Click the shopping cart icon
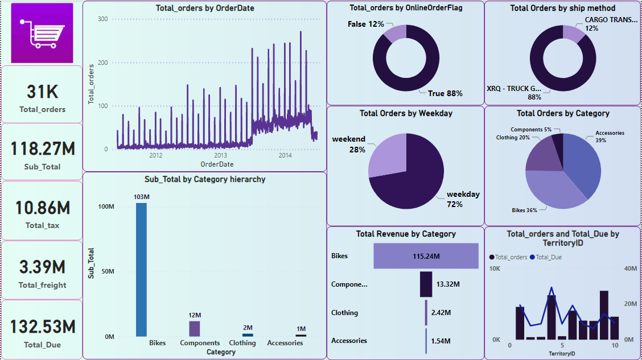(x=42, y=34)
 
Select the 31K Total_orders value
(x=42, y=92)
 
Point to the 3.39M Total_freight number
(x=42, y=267)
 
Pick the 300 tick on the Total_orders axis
(x=102, y=19)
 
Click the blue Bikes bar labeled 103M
(x=141, y=270)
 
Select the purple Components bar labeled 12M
(x=194, y=329)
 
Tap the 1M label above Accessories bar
(x=301, y=329)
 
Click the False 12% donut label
(x=366, y=24)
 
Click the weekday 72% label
(x=463, y=198)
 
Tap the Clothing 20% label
(x=513, y=137)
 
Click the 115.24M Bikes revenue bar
(x=426, y=256)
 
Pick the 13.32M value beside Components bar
(x=448, y=284)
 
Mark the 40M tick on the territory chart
(x=629, y=268)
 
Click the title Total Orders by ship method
(x=562, y=8)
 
